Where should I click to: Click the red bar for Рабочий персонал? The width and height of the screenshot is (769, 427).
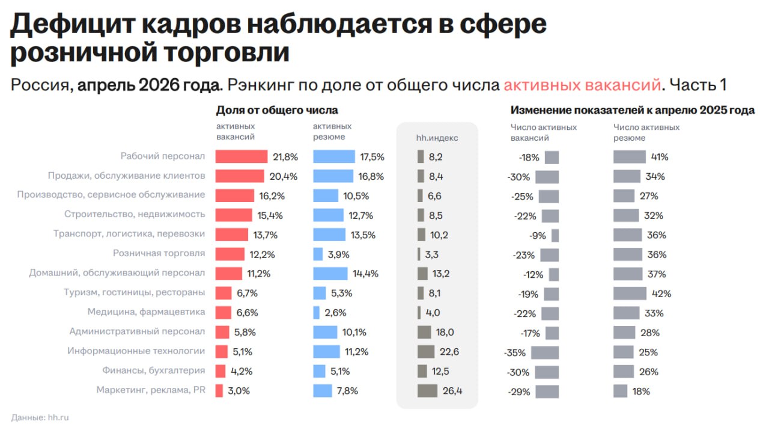[242, 156]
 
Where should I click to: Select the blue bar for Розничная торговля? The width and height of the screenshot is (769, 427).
[318, 254]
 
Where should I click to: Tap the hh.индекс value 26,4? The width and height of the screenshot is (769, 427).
[452, 391]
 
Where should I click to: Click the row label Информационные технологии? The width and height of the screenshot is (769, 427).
[136, 351]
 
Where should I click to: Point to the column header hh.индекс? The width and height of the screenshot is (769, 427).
[437, 138]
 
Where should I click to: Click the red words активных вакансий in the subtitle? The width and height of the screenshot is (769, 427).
[582, 85]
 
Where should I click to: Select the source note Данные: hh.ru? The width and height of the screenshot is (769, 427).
[40, 417]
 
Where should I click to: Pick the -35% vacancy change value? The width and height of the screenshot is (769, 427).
[515, 353]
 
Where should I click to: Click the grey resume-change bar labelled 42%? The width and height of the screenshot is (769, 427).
[630, 293]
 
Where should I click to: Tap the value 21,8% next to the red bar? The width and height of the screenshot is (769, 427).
[285, 157]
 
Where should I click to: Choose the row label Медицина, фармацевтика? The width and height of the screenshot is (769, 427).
[146, 312]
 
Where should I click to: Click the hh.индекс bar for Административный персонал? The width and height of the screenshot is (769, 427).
[424, 332]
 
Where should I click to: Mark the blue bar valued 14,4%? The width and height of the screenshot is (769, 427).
[330, 274]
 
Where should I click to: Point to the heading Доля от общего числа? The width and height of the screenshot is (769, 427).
[277, 110]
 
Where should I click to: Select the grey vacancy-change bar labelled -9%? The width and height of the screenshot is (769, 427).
[555, 236]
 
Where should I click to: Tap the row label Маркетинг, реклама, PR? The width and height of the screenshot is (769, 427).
[151, 390]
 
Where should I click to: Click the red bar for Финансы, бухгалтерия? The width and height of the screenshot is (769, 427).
[220, 371]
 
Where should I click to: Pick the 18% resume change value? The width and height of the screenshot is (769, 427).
[641, 392]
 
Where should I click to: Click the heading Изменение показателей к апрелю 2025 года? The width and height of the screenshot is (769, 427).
[633, 110]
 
